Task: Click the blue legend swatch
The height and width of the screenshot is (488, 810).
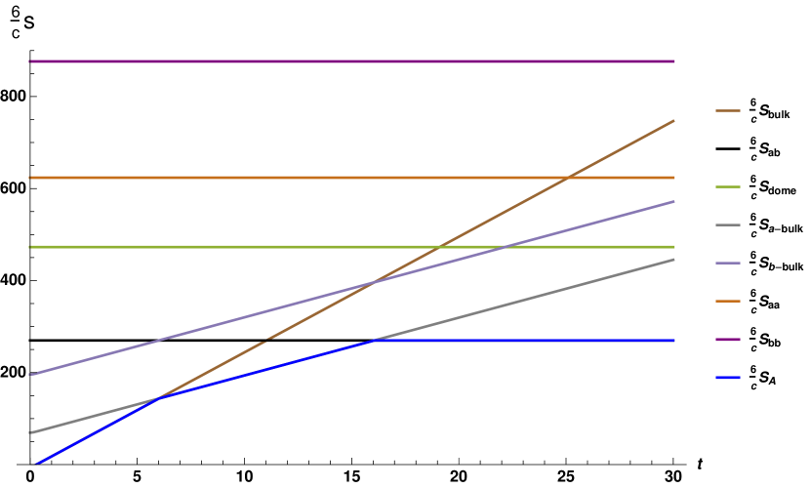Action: (727, 378)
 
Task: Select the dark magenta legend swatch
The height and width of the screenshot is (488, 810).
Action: (727, 340)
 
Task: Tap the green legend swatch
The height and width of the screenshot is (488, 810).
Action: (727, 186)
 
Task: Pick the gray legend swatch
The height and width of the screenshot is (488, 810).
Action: (727, 224)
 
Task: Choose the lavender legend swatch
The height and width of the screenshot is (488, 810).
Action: (727, 263)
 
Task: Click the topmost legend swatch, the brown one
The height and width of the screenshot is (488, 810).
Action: (727, 110)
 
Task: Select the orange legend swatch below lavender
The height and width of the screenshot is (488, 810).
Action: (727, 301)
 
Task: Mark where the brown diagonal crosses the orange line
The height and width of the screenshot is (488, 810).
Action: (568, 178)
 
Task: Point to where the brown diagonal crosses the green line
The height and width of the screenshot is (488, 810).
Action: (440, 247)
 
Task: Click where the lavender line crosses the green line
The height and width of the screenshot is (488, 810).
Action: (506, 247)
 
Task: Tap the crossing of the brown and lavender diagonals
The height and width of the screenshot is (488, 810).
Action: (372, 283)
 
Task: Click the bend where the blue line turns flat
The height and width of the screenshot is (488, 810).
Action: (375, 341)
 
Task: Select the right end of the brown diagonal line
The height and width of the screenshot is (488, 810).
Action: (674, 120)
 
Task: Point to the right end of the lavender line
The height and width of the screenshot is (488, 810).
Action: (674, 201)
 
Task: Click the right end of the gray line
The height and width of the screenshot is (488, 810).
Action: (674, 259)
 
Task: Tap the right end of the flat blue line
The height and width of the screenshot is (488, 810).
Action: (674, 341)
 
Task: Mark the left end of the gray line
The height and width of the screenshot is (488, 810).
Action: (31, 432)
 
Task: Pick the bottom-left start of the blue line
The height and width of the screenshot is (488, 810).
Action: (36, 464)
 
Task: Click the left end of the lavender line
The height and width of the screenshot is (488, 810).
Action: (31, 374)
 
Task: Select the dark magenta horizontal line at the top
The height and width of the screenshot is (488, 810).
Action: (351, 61)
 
